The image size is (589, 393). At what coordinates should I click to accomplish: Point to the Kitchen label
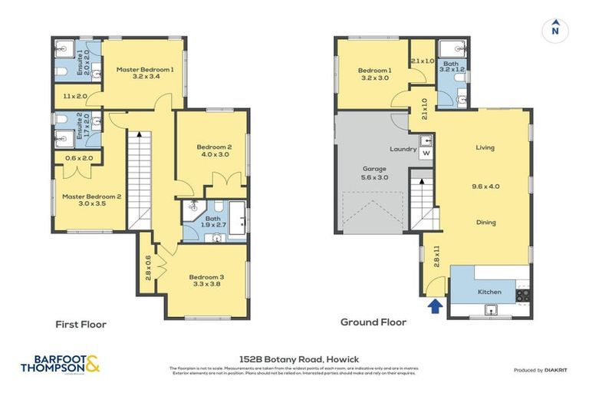tap(489, 293)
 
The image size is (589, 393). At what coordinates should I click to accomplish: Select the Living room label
tap(485, 147)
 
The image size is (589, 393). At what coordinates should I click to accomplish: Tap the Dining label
tap(485, 223)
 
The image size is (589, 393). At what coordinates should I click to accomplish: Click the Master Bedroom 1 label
tap(145, 69)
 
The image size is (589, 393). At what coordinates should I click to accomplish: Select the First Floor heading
tap(81, 324)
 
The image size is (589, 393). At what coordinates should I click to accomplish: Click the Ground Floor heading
tap(373, 323)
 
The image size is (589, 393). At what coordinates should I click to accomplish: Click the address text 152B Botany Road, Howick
tap(294, 359)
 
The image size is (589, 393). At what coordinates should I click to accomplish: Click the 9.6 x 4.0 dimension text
tap(485, 185)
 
